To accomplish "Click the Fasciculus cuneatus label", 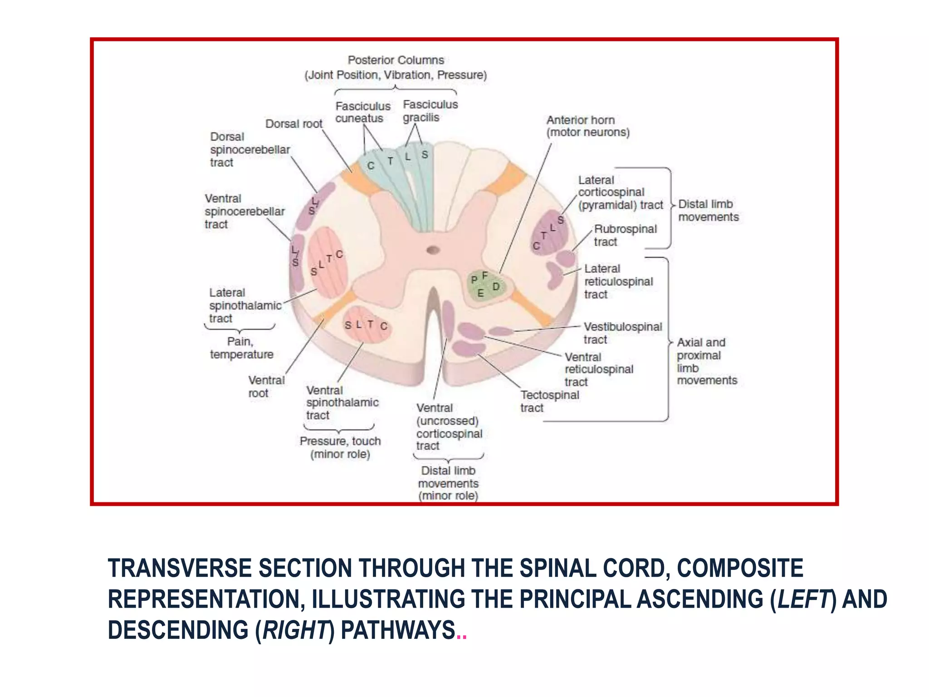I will [362, 112].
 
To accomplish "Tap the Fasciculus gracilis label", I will [430, 111].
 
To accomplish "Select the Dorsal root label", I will [293, 124].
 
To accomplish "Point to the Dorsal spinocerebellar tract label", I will [249, 149].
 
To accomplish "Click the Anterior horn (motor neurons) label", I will [587, 126].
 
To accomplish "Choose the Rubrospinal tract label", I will [625, 235].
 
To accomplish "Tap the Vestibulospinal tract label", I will [622, 333].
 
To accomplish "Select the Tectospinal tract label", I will [549, 401].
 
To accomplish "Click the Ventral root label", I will [266, 386].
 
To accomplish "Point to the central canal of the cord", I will [433, 250].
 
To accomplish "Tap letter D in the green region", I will [496, 287].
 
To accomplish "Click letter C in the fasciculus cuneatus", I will [371, 166].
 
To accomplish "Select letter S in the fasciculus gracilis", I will [425, 155].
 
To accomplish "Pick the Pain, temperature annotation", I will [241, 348].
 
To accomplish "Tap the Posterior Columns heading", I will [396, 60].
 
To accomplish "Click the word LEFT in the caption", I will [802, 599].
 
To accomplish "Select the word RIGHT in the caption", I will [295, 630].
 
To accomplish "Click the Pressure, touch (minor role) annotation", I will [340, 447].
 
